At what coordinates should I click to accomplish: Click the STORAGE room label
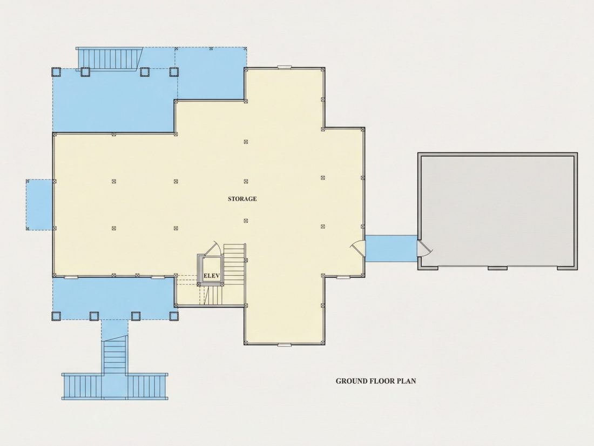[x=242, y=199]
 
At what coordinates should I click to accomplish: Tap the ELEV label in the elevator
[x=211, y=276]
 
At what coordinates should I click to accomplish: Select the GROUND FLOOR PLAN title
[x=376, y=381]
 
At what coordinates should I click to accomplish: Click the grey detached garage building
[x=498, y=211]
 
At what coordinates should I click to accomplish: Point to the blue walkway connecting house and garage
[x=391, y=249]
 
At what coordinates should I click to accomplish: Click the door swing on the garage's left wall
[x=424, y=249]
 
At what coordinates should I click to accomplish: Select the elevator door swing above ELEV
[x=213, y=248]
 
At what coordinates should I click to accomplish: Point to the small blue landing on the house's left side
[x=39, y=204]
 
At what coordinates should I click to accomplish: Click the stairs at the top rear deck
[x=109, y=58]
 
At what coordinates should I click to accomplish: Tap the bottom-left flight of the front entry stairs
[x=82, y=386]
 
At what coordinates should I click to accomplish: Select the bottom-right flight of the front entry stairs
[x=147, y=386]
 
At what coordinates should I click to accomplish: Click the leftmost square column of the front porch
[x=56, y=316]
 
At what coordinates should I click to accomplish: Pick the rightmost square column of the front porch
[x=173, y=316]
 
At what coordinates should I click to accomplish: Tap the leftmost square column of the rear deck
[x=56, y=72]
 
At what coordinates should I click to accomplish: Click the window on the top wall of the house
[x=284, y=68]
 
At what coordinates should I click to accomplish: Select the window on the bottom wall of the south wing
[x=284, y=345]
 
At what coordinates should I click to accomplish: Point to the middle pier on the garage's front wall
[x=497, y=268]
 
